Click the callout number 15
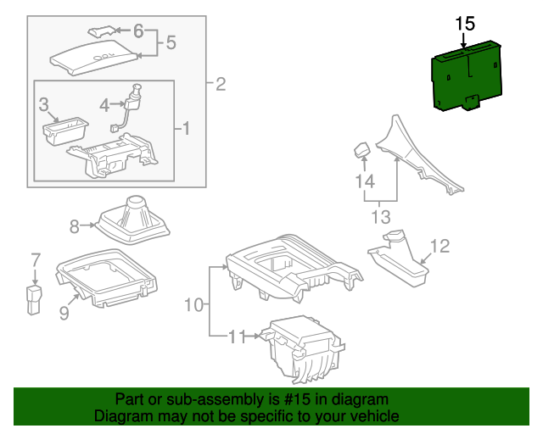tap(465, 23)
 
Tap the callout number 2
tap(221, 84)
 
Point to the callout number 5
tap(171, 42)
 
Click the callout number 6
tap(138, 31)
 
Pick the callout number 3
tap(43, 105)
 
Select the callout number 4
tap(104, 105)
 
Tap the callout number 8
tap(74, 226)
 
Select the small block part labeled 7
tap(35, 300)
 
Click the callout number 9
tap(64, 314)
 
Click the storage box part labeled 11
tap(301, 348)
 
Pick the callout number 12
tap(439, 247)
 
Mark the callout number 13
tap(380, 218)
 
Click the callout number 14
tap(365, 181)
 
